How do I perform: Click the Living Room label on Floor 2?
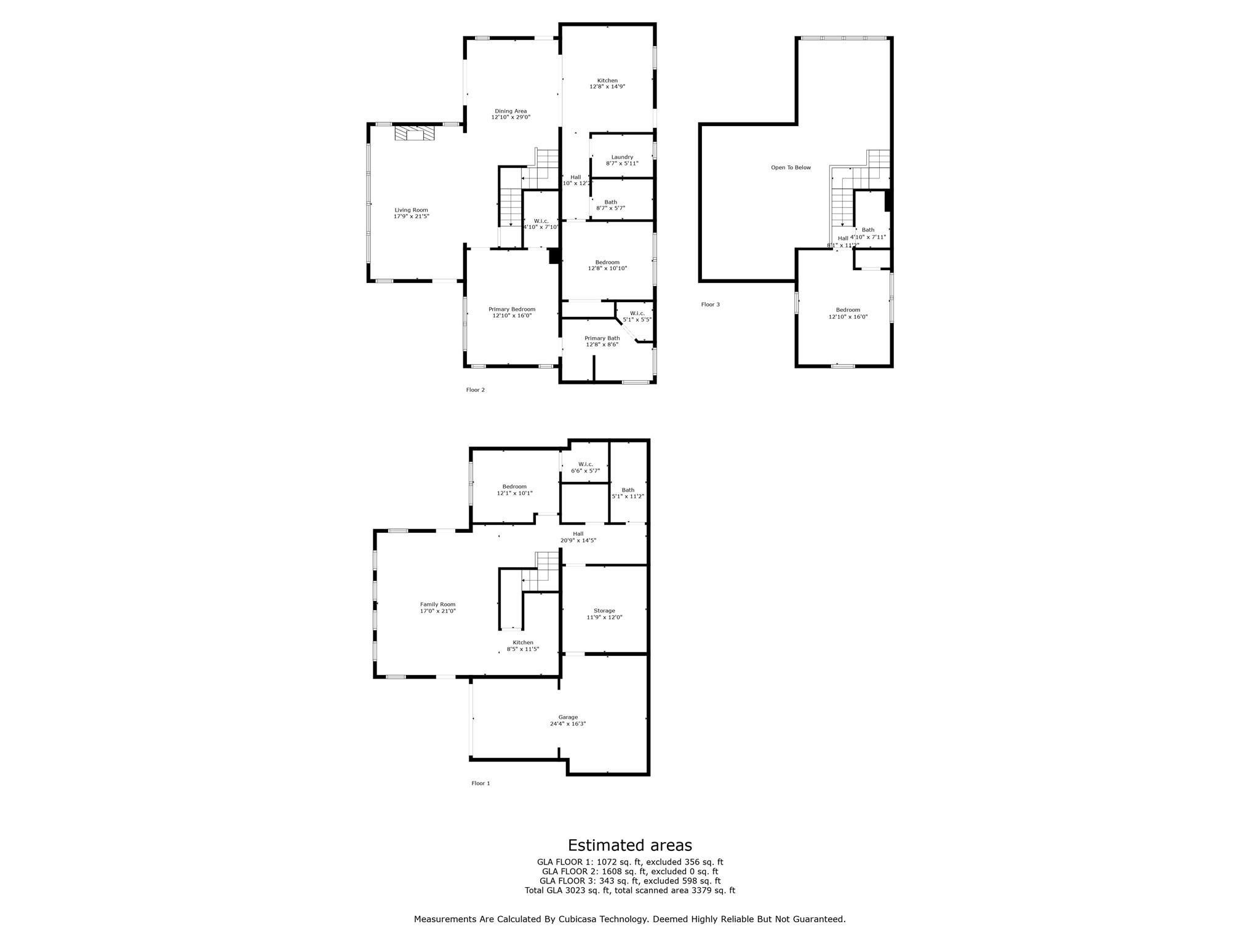coord(411,213)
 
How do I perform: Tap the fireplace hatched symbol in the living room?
coord(414,134)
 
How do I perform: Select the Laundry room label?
coord(622,160)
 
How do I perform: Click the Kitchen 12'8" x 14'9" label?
coord(607,84)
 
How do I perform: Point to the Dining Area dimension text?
coord(511,117)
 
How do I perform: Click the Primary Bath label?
coord(602,341)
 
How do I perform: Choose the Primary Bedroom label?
coord(511,313)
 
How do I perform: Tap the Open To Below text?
coord(791,167)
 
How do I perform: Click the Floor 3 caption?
coord(710,305)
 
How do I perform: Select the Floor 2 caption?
coord(475,390)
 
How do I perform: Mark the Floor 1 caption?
coord(480,783)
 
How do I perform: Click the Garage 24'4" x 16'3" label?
coord(568,720)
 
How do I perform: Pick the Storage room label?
coord(604,613)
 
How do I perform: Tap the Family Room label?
coord(437,607)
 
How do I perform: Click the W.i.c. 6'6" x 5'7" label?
coord(585,468)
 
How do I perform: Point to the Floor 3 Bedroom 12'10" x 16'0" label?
coord(848,313)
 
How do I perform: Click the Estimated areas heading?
coord(629,845)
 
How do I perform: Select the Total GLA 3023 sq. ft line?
coord(629,890)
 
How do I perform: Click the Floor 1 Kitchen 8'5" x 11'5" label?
coord(523,645)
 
